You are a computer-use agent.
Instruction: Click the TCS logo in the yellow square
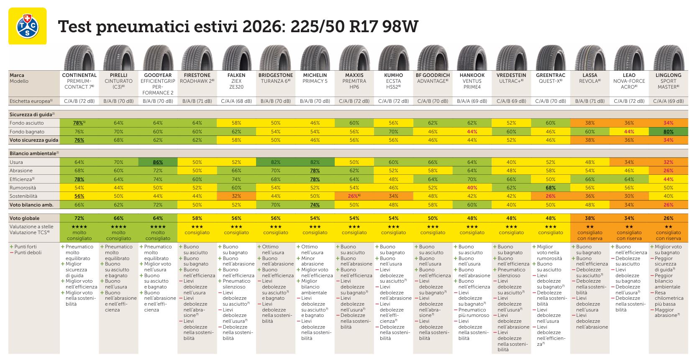click(x=28, y=26)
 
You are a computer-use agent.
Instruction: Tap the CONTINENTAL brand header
click(x=79, y=75)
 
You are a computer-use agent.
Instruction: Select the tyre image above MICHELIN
click(x=315, y=58)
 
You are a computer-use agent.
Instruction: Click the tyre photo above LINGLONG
click(x=668, y=58)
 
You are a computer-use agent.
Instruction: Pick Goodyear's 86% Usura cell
click(x=158, y=162)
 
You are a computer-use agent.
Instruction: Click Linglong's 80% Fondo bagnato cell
click(x=668, y=132)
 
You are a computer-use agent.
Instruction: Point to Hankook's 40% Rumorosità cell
click(x=472, y=188)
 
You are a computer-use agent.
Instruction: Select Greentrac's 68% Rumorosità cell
click(x=551, y=188)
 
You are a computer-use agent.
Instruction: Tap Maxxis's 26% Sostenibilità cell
click(x=354, y=196)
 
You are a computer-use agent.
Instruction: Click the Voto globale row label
click(x=25, y=218)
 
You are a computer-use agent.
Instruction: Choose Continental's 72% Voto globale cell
click(x=79, y=218)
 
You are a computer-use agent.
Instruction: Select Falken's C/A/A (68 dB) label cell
click(x=236, y=101)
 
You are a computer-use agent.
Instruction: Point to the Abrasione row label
click(x=21, y=171)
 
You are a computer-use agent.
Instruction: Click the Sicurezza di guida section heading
click(x=31, y=114)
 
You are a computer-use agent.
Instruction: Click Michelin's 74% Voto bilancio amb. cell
click(x=315, y=205)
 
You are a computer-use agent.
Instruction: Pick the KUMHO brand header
click(x=393, y=75)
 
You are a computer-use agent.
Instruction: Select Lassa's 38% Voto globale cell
click(x=590, y=218)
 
